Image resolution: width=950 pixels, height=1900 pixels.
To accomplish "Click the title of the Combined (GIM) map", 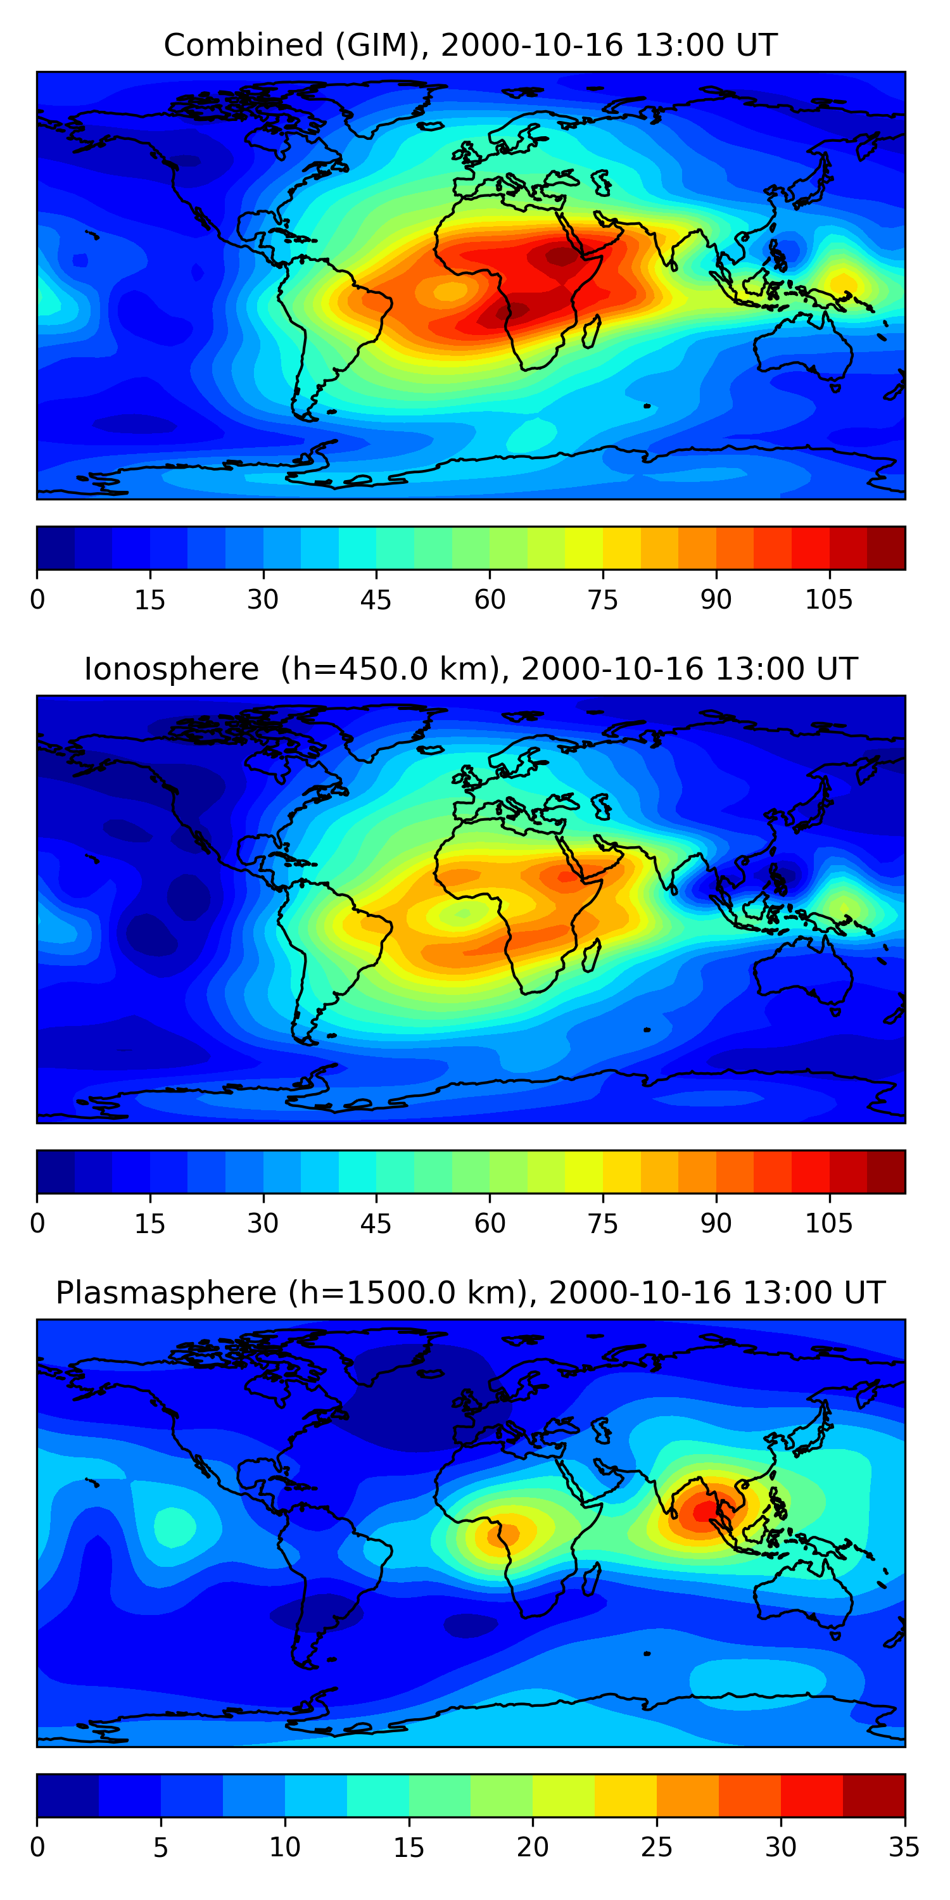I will (470, 45).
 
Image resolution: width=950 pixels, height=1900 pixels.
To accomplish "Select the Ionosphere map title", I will (470, 669).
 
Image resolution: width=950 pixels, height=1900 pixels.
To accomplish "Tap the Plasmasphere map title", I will (470, 1293).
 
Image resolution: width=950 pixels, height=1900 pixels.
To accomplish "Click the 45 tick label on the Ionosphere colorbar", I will (376, 1224).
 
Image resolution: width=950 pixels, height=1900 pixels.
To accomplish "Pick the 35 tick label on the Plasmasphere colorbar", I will (904, 1847).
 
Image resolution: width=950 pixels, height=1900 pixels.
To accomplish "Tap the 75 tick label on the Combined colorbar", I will (602, 600).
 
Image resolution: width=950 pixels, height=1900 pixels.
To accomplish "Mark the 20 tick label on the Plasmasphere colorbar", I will (533, 1847).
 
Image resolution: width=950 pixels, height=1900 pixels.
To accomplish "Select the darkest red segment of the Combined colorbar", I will (886, 548).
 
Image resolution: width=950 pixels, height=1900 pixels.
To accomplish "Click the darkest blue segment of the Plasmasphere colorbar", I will (68, 1795).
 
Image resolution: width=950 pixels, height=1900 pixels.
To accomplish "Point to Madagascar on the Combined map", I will (591, 332).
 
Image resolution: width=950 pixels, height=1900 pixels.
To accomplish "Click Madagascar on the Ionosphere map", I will (591, 956).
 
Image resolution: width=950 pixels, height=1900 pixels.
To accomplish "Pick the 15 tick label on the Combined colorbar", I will (149, 600).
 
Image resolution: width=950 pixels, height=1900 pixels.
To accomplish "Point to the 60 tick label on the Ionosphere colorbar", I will (490, 1224).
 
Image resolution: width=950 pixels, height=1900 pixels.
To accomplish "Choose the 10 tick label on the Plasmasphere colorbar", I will (285, 1847).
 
